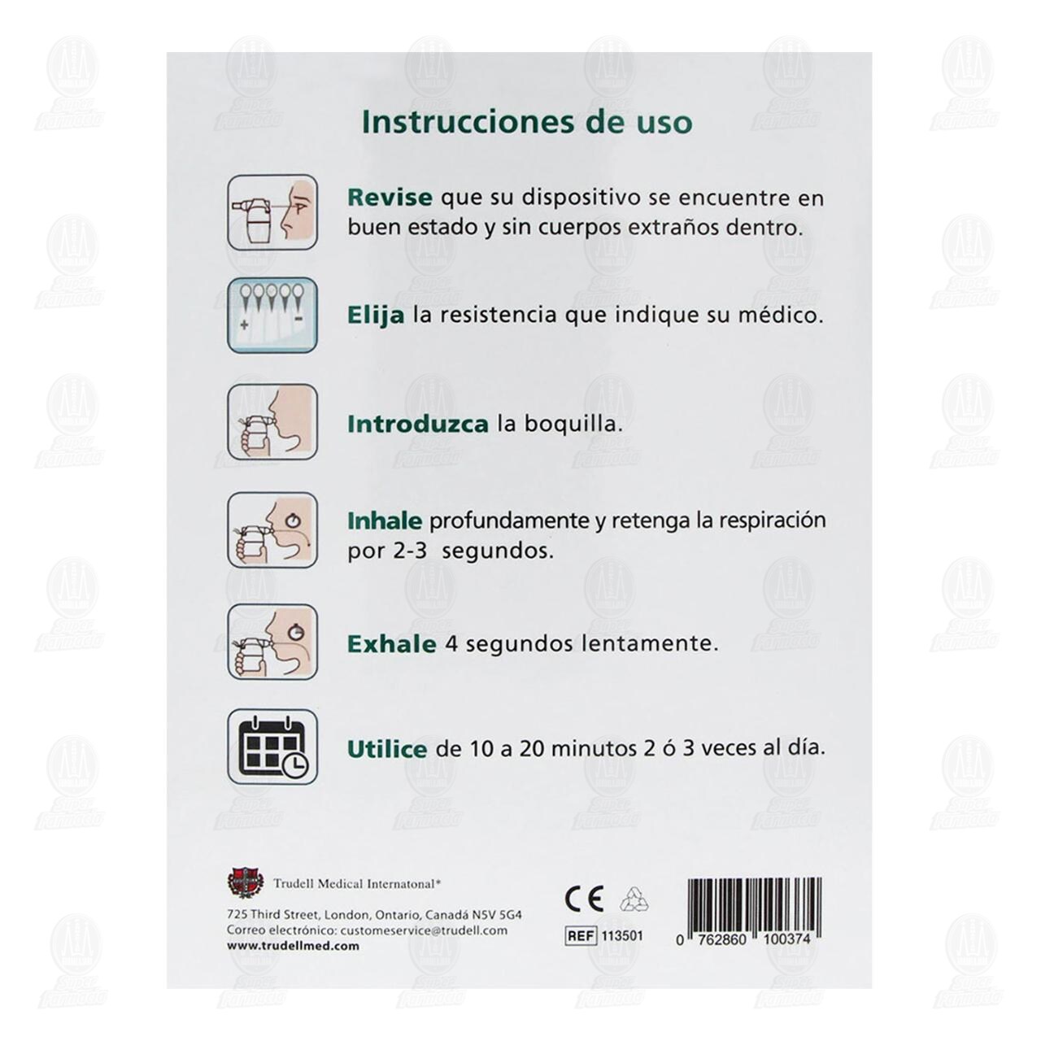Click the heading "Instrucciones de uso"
527,122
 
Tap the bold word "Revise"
389,198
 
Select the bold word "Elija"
375,315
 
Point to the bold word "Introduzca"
417,424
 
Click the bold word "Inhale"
384,520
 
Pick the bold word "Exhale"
391,644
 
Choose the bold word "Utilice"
386,748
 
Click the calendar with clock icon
272,747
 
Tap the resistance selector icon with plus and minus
272,315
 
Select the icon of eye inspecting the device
272,211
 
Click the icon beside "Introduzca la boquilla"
272,422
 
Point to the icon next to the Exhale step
272,642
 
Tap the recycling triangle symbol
634,899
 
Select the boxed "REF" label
581,936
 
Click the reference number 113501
622,936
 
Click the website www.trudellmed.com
293,946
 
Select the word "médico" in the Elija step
782,315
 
